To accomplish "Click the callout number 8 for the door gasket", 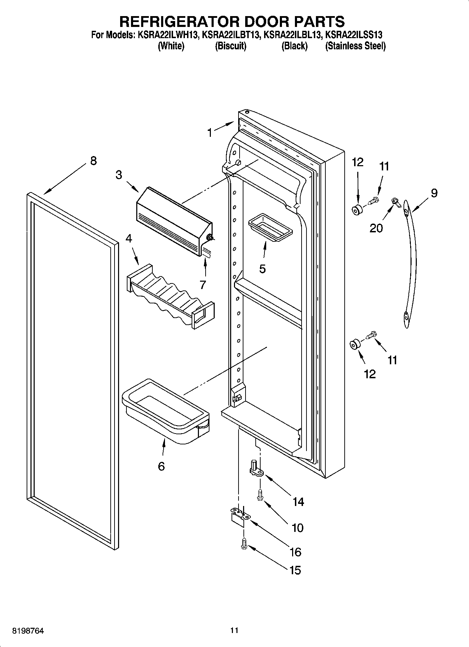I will (93, 161).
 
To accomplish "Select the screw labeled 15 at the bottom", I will (244, 543).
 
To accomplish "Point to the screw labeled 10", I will (260, 494).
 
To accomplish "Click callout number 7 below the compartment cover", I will (203, 285).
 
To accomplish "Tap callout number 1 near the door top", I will (209, 133).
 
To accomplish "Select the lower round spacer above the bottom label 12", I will (354, 345).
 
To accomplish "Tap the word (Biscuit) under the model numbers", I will (230, 46).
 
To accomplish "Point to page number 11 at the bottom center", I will (234, 631).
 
